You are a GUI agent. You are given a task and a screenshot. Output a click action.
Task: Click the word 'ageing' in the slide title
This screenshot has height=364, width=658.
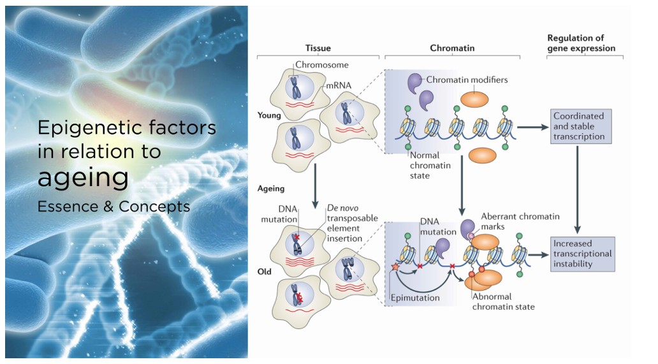click(x=83, y=178)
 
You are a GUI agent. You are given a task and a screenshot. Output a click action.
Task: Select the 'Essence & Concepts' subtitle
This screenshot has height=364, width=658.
click(x=113, y=207)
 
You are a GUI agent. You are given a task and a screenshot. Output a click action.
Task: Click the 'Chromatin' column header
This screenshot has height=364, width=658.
click(x=452, y=48)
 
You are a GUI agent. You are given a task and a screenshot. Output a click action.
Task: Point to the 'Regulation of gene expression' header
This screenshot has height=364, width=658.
click(x=585, y=43)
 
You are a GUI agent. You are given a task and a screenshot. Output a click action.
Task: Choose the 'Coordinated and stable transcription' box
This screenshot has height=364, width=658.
click(x=578, y=126)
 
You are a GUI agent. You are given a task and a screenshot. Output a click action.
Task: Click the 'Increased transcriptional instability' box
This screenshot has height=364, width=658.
click(x=582, y=253)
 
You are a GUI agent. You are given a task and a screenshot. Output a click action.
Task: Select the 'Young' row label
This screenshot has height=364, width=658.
click(x=269, y=117)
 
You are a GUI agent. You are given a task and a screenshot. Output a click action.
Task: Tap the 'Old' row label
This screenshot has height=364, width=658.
click(x=264, y=272)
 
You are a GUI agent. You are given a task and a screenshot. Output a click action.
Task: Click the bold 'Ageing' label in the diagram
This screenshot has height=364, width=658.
click(x=270, y=189)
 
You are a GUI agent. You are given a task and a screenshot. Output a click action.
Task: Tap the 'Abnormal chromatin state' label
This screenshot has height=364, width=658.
click(x=502, y=301)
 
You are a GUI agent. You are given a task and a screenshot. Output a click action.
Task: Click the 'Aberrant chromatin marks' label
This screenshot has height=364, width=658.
click(x=520, y=221)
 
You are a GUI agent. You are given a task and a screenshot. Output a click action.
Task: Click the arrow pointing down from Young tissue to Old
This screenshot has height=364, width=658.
click(x=315, y=185)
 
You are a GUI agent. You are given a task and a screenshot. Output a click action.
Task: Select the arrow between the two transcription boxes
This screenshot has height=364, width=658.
click(x=578, y=189)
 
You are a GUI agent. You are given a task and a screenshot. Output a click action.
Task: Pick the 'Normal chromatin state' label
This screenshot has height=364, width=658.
click(x=430, y=165)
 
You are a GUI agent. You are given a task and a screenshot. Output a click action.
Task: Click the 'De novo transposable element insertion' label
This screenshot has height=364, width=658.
click(x=344, y=223)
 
